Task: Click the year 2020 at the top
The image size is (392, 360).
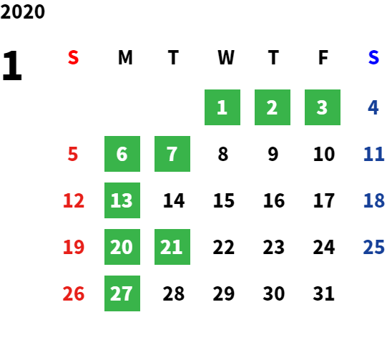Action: pos(23,11)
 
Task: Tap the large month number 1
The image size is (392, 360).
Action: pos(12,65)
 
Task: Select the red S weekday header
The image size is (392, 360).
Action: pos(73,57)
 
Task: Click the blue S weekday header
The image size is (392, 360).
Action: pos(373,57)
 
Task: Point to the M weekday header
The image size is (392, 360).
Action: pos(125,57)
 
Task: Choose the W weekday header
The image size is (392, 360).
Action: pos(226,57)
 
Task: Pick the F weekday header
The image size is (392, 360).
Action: pos(323,57)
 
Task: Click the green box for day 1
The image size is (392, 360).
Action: pos(222,107)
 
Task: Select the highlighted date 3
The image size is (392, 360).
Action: pos(323,107)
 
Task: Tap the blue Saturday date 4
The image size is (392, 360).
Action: pos(373,107)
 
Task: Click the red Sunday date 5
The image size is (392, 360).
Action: pos(73,154)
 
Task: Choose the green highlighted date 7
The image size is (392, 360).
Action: pos(172,154)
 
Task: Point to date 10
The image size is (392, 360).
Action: pos(324,154)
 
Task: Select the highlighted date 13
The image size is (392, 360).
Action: pos(122,200)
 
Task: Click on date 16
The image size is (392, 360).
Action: pos(274,200)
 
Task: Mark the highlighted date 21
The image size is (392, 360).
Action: pos(172,247)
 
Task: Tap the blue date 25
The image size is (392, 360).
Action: pos(373,247)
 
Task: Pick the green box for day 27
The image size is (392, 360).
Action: pos(122,293)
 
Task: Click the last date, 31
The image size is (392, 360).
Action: pos(324,293)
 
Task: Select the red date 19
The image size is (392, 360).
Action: pos(74,247)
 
